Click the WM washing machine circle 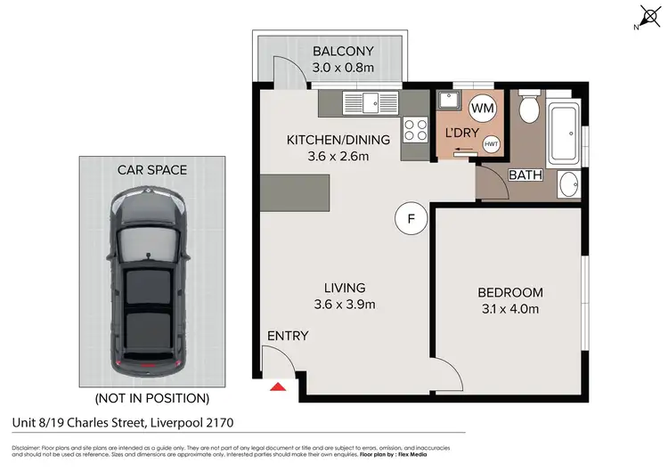tap(482, 109)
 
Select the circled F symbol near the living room tap(411, 218)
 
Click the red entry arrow tap(278, 387)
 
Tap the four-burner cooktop tap(415, 131)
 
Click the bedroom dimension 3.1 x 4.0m tap(509, 309)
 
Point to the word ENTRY tap(288, 336)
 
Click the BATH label tap(525, 175)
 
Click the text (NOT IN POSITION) tap(151, 398)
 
